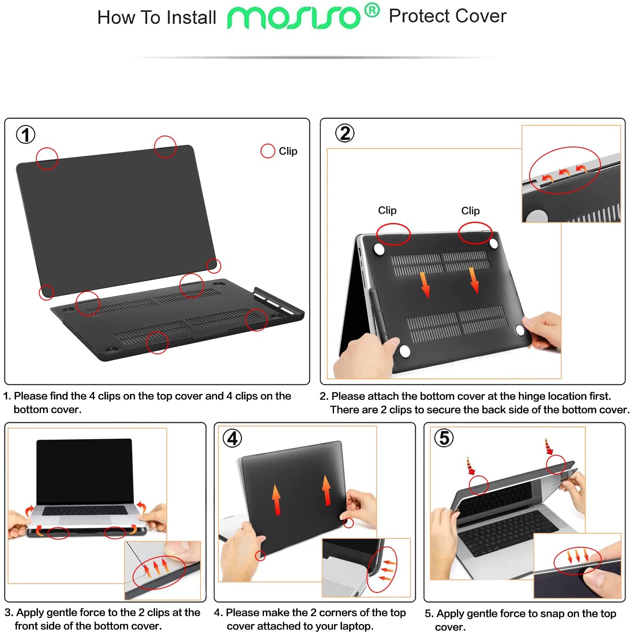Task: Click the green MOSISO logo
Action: [293, 18]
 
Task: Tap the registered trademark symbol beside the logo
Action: [372, 10]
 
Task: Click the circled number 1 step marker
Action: [25, 135]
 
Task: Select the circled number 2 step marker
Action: [345, 133]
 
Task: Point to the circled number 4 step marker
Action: [232, 438]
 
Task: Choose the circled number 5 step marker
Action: [444, 438]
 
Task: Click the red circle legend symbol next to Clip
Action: [268, 151]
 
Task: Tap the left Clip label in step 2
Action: [387, 210]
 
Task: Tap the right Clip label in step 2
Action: [470, 211]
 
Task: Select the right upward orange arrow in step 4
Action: [326, 490]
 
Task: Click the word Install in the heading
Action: [191, 18]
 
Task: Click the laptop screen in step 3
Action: [84, 471]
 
